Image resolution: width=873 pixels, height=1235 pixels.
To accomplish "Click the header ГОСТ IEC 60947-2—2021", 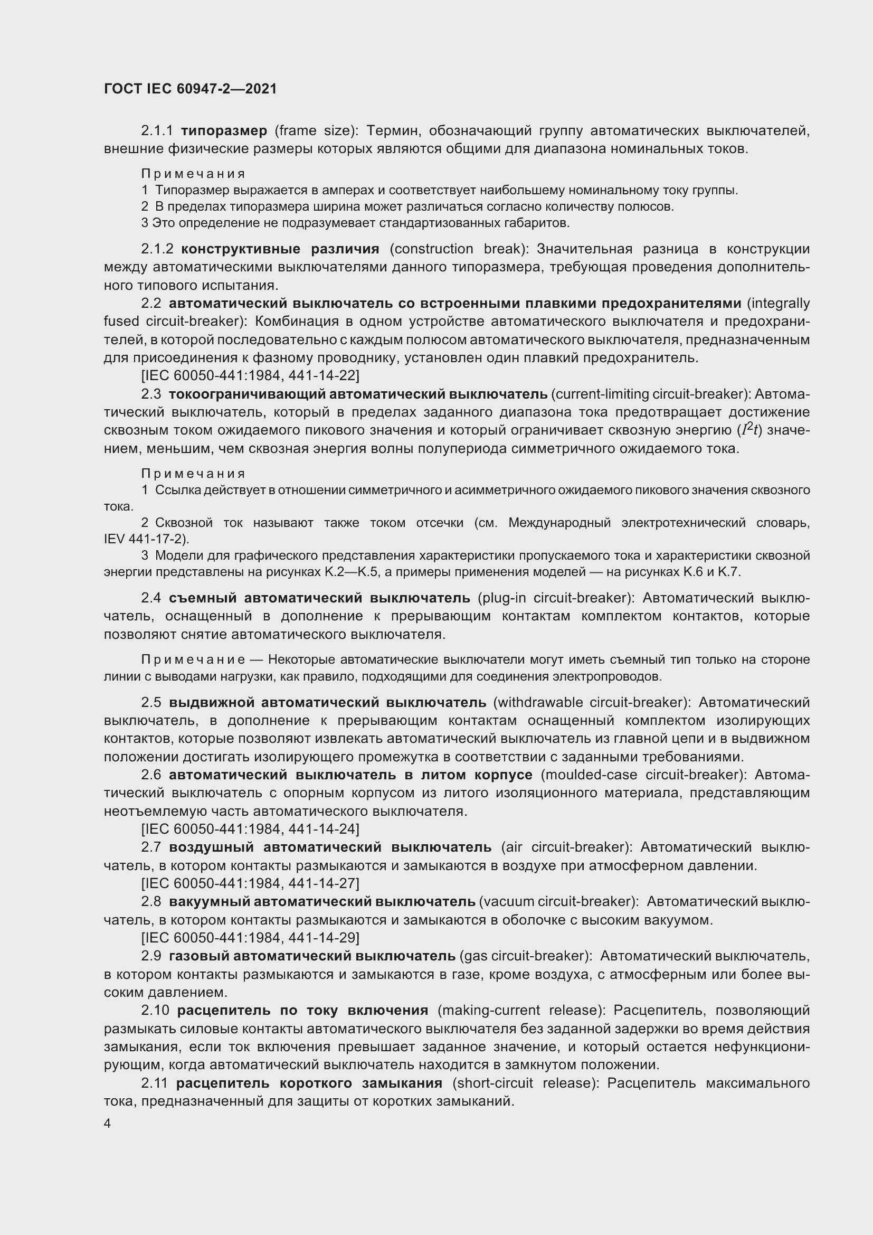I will tap(191, 89).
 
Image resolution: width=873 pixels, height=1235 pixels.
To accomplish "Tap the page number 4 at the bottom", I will tap(108, 1124).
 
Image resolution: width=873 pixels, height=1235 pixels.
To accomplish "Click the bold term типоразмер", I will tap(224, 131).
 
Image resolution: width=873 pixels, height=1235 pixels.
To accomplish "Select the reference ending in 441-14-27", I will tap(250, 884).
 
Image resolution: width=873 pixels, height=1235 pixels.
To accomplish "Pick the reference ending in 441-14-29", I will tap(250, 938).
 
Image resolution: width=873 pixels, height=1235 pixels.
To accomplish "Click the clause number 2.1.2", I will tap(157, 249).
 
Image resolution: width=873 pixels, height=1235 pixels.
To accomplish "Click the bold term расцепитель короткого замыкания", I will tap(309, 1083).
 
